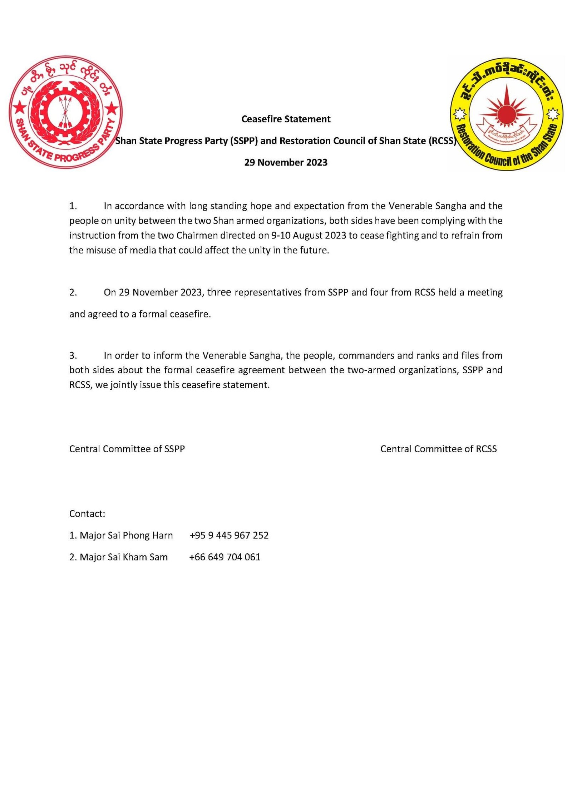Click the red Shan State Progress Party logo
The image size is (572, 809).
[x=65, y=112]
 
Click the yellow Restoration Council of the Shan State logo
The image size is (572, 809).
[x=506, y=114]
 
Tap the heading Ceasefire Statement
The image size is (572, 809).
[x=286, y=119]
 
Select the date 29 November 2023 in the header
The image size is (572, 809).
[x=286, y=162]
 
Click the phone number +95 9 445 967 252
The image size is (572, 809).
[x=229, y=535]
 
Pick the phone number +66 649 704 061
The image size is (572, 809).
[x=225, y=557]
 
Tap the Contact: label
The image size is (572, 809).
[x=87, y=514]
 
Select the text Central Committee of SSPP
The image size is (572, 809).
[x=127, y=449]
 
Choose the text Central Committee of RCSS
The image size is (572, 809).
[x=438, y=449]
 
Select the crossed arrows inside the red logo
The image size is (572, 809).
[x=65, y=110]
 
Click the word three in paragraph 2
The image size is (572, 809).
[x=219, y=292]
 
